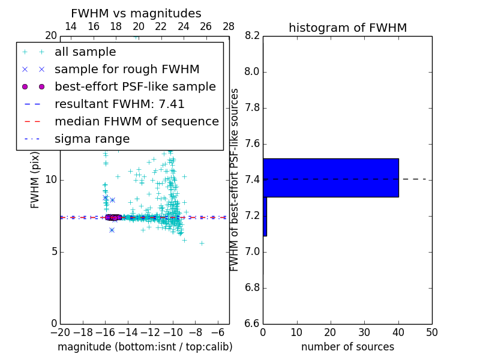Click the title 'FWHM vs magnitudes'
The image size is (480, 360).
pyautogui.click(x=136, y=13)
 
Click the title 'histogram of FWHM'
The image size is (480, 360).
pyautogui.click(x=347, y=28)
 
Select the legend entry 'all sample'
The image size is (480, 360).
pyautogui.click(x=85, y=52)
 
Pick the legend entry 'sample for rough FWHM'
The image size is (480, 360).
pyautogui.click(x=127, y=69)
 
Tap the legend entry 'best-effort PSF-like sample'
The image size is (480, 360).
pyautogui.click(x=135, y=86)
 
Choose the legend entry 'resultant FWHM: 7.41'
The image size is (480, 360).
pyautogui.click(x=119, y=104)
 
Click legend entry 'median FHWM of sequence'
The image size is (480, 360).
pyautogui.click(x=136, y=121)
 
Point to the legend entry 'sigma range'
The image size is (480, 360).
pyautogui.click(x=92, y=139)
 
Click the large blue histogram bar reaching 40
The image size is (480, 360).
pyautogui.click(x=331, y=178)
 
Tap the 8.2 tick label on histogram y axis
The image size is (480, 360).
pyautogui.click(x=252, y=36)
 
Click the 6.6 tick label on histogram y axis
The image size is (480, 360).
pyautogui.click(x=252, y=323)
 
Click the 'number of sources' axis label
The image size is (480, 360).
pyautogui.click(x=347, y=347)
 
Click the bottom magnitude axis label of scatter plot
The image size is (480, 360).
pyautogui.click(x=145, y=347)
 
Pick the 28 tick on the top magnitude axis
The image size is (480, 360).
pyautogui.click(x=229, y=26)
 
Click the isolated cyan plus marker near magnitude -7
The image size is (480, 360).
pyautogui.click(x=202, y=243)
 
